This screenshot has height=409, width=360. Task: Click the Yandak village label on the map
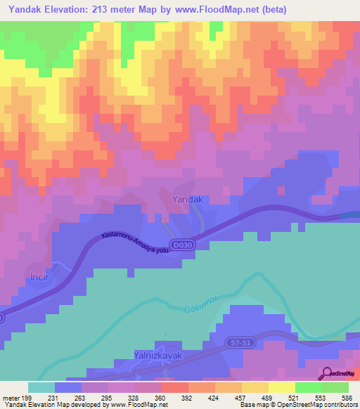point(188,200)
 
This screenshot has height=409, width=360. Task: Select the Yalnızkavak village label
point(158,356)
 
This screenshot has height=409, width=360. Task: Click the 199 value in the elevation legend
point(27,397)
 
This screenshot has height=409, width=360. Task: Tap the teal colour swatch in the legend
point(41,387)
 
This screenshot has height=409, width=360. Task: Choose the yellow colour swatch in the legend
point(281,387)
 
